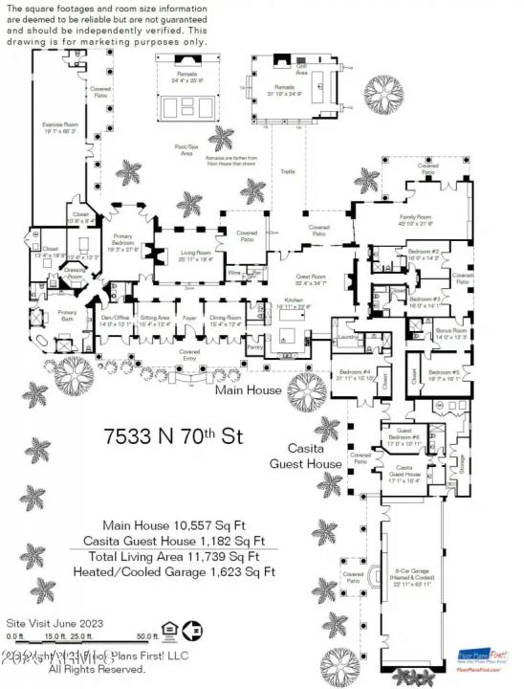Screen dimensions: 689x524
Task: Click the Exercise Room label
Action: click(x=58, y=125)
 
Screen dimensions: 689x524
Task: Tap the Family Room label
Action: click(x=417, y=219)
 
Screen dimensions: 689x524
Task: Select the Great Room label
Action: click(x=310, y=278)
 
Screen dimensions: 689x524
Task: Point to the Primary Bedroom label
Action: click(x=123, y=244)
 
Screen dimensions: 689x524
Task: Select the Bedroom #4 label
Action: click(x=354, y=373)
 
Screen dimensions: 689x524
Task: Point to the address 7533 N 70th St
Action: click(x=173, y=436)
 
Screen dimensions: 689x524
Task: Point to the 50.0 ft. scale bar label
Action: click(x=147, y=635)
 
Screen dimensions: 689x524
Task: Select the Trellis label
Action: click(x=286, y=172)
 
